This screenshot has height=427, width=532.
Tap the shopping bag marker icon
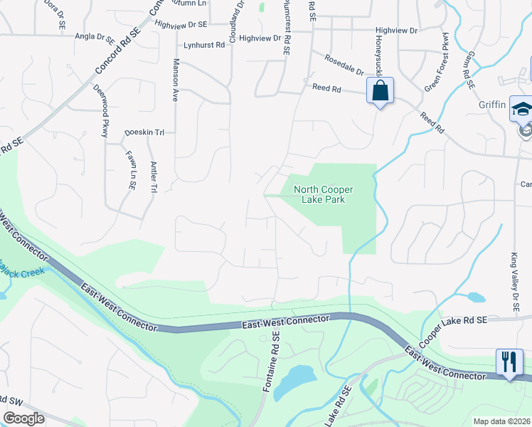(x=380, y=90)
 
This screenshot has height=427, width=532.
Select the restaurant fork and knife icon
(x=509, y=362)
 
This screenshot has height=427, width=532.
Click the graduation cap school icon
(x=522, y=110)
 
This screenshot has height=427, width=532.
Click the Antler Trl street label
(x=153, y=176)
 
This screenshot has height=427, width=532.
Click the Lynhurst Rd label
(x=204, y=44)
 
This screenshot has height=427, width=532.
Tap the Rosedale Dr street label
(x=344, y=65)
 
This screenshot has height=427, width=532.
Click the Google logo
(x=23, y=418)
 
